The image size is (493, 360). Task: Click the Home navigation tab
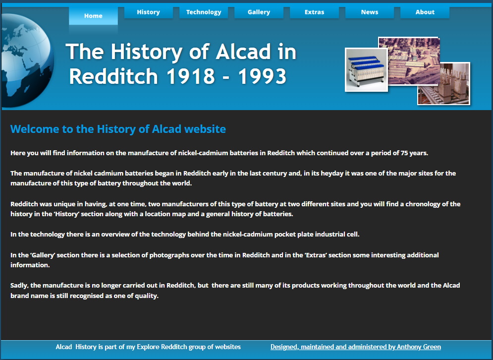pos(93,16)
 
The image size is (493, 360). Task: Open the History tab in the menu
pos(149,12)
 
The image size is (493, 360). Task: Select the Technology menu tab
pos(204,12)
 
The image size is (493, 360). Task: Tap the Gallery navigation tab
pos(259,12)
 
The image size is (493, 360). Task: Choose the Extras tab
pos(315,12)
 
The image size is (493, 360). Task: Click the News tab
pos(370,12)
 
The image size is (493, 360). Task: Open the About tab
pos(425,12)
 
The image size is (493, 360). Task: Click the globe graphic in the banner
pos(27,60)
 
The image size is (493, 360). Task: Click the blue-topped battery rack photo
pos(366,70)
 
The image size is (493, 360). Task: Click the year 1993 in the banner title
pos(262,76)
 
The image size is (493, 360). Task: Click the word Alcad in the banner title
pos(243,51)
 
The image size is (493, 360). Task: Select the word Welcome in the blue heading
pos(35,129)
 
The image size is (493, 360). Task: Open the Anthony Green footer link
pos(356,347)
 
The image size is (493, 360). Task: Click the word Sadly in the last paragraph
pos(19,286)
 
